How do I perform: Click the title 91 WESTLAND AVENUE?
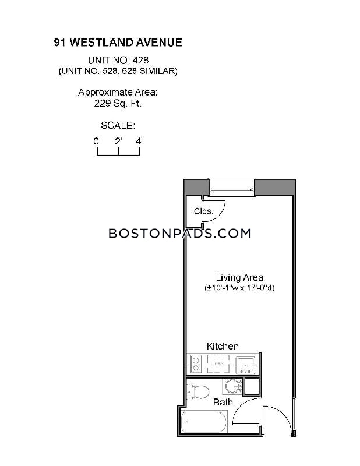click(118, 43)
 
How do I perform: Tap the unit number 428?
click(140, 61)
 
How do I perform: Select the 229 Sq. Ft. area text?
click(118, 104)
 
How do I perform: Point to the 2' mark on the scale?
click(118, 141)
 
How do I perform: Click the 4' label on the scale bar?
click(139, 141)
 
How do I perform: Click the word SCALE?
click(118, 126)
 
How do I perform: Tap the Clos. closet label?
click(204, 211)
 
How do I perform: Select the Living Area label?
click(239, 278)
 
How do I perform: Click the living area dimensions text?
click(239, 288)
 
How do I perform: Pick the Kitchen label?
click(223, 346)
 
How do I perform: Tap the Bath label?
click(223, 403)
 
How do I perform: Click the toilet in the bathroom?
click(197, 391)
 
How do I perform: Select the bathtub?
click(204, 422)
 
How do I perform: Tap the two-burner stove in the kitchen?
click(196, 364)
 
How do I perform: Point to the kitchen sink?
click(246, 365)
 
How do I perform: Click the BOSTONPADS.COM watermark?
click(180, 234)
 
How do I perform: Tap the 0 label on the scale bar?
click(96, 141)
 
